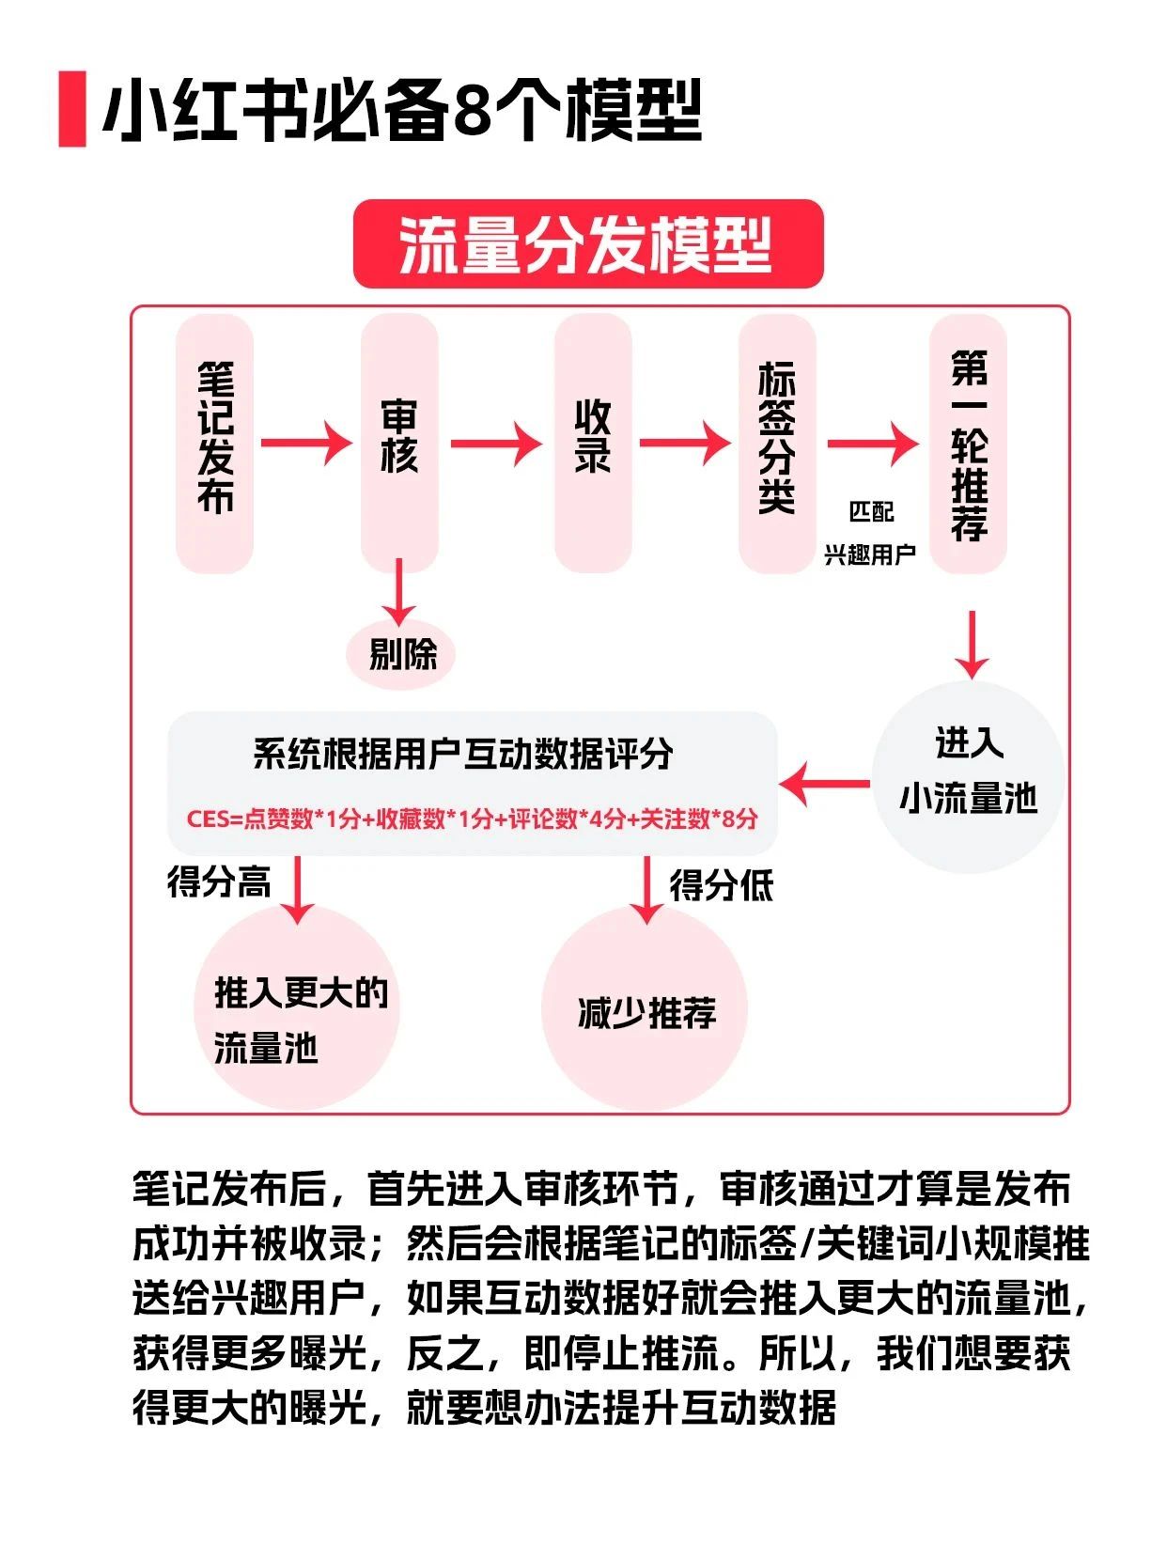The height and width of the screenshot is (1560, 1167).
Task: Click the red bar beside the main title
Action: point(71,108)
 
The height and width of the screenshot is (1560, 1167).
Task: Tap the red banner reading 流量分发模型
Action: point(587,244)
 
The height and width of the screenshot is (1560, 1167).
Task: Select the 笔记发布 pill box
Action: point(215,444)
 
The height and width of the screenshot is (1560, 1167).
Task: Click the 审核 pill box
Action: point(399,444)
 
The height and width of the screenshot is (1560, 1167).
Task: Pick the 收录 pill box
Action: point(593,444)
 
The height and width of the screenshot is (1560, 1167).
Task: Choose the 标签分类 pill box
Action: point(777,444)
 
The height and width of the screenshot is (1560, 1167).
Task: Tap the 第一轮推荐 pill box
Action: point(969,444)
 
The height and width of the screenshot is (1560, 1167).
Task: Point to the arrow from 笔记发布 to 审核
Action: point(306,442)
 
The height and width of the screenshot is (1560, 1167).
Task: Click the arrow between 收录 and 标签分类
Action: point(685,442)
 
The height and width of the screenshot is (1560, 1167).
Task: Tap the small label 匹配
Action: point(871,512)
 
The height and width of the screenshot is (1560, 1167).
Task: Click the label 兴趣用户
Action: point(870,555)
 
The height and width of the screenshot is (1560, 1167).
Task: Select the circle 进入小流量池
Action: point(969,776)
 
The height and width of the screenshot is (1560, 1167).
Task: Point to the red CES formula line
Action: point(473,819)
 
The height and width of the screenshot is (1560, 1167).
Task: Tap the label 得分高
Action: point(219,882)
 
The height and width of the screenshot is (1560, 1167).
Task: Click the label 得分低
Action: point(721,885)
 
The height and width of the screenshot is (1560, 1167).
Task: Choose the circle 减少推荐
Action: point(646,1011)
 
